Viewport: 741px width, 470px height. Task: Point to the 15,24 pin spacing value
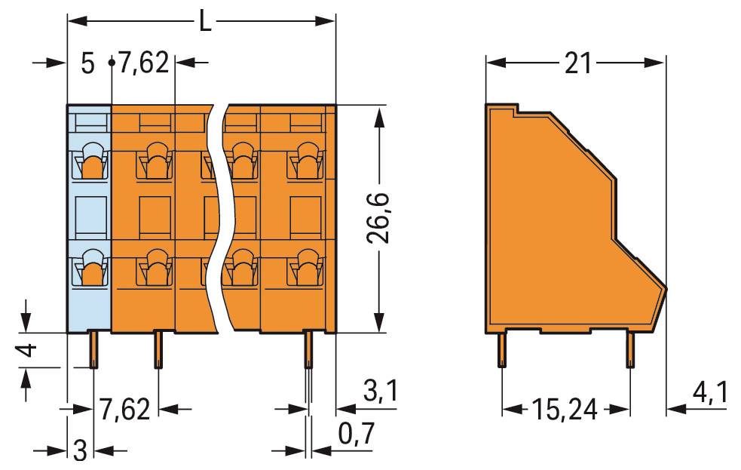pyautogui.click(x=565, y=410)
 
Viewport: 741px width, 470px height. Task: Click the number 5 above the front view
pyautogui.click(x=87, y=65)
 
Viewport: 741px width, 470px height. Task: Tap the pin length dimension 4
pyautogui.click(x=26, y=351)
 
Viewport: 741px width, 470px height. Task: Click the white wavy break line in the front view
pyautogui.click(x=219, y=219)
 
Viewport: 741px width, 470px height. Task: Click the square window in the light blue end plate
pyautogui.click(x=90, y=213)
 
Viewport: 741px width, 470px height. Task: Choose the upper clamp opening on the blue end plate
pyautogui.click(x=90, y=161)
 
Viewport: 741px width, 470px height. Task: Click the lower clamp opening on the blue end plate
pyautogui.click(x=90, y=268)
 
